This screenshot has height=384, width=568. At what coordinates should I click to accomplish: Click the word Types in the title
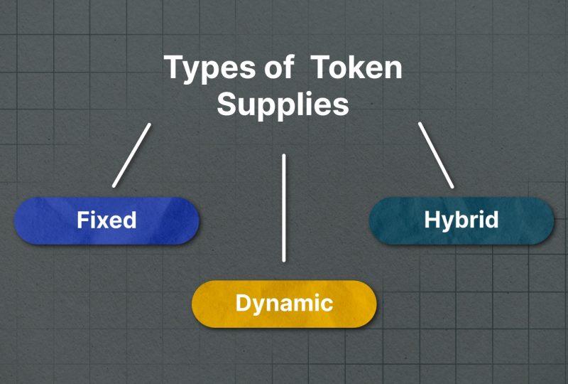[x=210, y=69]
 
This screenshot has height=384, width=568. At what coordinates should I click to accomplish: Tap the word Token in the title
[x=356, y=67]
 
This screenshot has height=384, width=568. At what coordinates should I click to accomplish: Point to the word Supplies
[x=283, y=105]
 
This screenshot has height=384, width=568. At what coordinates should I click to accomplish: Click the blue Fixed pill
[x=106, y=220]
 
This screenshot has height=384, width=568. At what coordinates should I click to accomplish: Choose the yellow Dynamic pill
[x=284, y=304]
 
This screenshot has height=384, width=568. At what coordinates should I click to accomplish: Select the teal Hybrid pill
[x=461, y=220]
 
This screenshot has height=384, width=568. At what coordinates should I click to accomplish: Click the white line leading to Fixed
[x=131, y=155]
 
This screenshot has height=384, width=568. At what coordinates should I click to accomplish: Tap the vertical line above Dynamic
[x=283, y=208]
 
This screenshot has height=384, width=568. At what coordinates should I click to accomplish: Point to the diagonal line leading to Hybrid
[x=436, y=155]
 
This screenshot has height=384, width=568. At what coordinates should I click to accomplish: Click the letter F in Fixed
[x=82, y=220]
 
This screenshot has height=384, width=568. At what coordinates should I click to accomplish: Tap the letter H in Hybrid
[x=432, y=220]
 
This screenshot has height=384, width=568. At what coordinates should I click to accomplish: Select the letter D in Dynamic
[x=243, y=303]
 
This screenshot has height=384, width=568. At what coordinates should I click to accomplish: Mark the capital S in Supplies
[x=226, y=104]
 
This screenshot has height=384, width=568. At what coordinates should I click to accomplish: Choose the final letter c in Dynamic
[x=327, y=305]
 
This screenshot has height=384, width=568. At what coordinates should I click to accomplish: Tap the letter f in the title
[x=288, y=66]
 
